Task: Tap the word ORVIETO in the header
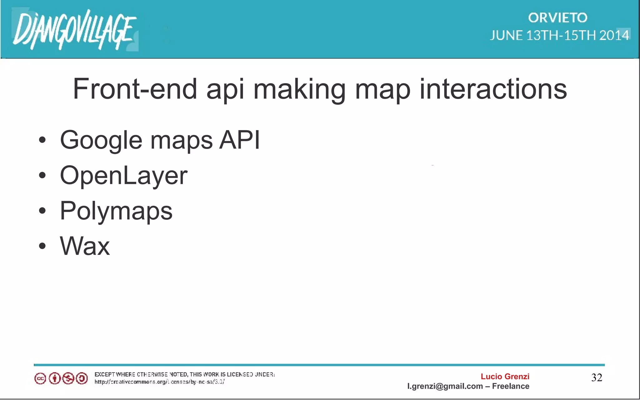[557, 18]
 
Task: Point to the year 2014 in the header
[614, 35]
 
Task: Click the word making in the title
[299, 90]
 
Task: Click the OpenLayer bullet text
[123, 176]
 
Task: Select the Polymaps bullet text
[116, 211]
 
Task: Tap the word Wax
[85, 246]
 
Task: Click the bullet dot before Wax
[42, 246]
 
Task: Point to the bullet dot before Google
[42, 140]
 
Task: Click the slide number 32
[597, 378]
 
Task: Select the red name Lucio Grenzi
[505, 377]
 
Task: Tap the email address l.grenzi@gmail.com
[445, 386]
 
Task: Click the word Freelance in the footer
[511, 386]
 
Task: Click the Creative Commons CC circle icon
[40, 379]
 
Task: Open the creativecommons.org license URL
[159, 382]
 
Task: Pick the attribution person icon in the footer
[54, 379]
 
